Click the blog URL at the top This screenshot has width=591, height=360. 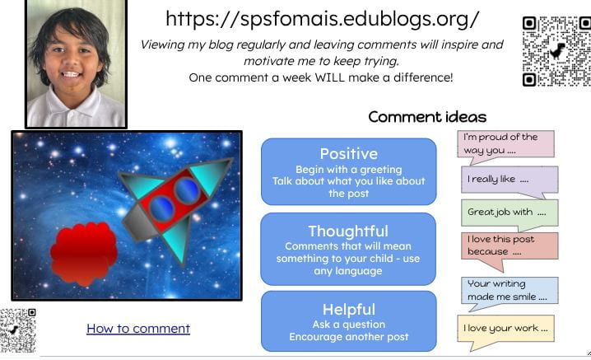point(323,19)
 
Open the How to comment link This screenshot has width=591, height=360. point(138,329)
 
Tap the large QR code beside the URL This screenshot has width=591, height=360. point(556,51)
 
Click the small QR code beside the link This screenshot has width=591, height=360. point(18,330)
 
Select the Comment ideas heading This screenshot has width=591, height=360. point(427,117)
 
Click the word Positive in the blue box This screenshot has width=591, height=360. point(349,153)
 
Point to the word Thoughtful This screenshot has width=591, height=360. point(348,231)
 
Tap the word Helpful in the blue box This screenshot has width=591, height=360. point(349,310)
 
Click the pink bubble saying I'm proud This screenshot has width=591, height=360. point(505,144)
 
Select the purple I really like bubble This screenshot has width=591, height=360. point(510,180)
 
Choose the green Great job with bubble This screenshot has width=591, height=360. point(510,213)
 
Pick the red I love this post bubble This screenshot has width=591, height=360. point(510,246)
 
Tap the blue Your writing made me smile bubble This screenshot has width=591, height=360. point(510,290)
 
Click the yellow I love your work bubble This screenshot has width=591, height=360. point(505,329)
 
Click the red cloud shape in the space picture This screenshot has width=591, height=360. point(84,252)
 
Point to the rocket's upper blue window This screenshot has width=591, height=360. point(187,190)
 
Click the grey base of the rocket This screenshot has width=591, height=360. point(137,222)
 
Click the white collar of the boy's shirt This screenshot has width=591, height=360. point(76,104)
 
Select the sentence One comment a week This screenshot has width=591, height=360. point(321,77)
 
